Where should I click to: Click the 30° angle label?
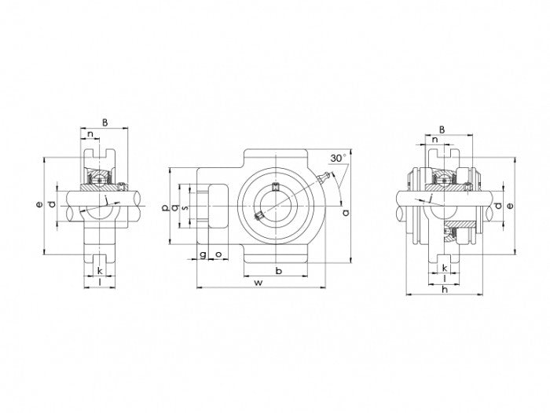338,158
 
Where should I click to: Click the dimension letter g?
203,255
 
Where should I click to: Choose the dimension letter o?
217,255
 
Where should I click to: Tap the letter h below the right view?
445,290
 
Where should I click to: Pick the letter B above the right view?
442,130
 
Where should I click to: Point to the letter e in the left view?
38,206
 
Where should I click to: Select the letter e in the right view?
510,206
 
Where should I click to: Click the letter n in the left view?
91,135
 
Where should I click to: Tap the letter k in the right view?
445,268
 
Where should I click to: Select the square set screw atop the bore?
276,186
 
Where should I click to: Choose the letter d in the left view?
52,206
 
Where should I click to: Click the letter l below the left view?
100,281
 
